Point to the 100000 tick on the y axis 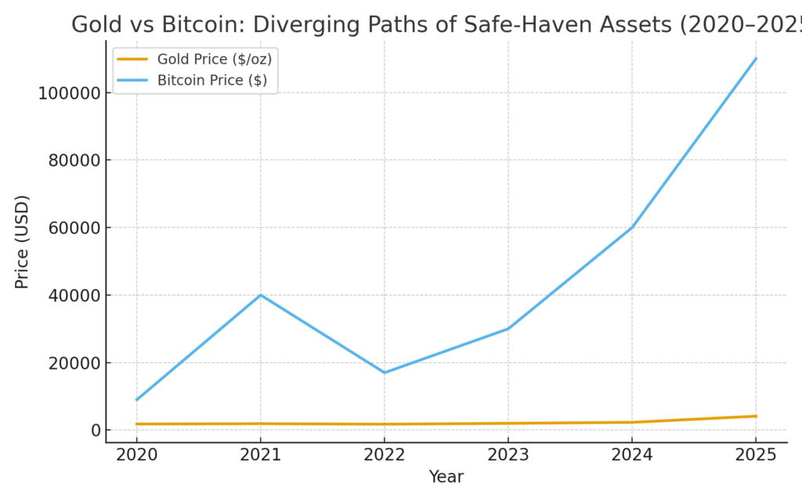pos(69,92)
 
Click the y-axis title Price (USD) pos(22,241)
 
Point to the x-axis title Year pos(446,477)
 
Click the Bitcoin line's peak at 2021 pos(260,295)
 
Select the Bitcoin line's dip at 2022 pos(384,373)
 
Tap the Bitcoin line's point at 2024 pos(632,227)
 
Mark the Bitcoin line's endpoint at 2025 pos(756,59)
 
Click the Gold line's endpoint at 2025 pos(756,416)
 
